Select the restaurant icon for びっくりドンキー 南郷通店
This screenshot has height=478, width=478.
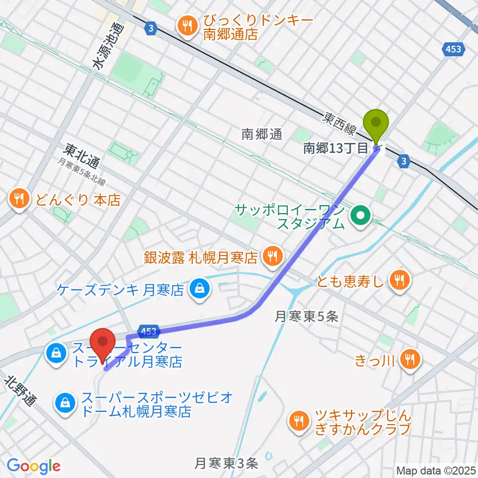point(188,27)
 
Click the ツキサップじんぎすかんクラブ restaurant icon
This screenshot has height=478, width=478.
point(299,422)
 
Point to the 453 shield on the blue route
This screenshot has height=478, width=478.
point(149,331)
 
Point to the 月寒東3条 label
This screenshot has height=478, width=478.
point(227,464)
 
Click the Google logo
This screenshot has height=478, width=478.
point(33,466)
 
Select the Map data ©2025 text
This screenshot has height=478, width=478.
point(435,470)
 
